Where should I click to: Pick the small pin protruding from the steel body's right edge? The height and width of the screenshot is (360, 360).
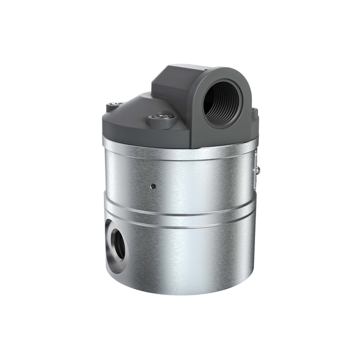pyautogui.click(x=258, y=168)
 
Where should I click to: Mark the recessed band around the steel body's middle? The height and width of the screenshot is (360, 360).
pyautogui.click(x=180, y=219)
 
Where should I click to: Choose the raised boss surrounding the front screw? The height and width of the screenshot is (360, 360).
pyautogui.click(x=161, y=123)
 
